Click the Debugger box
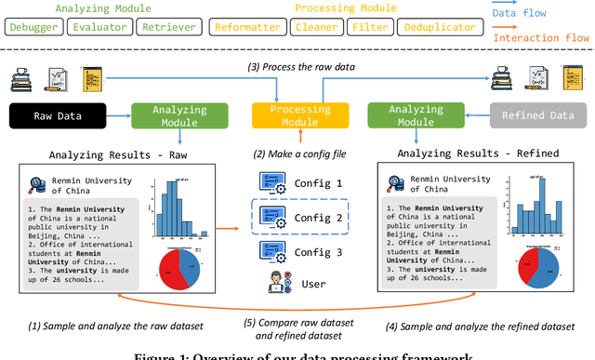[x=33, y=27]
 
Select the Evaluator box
[x=99, y=27]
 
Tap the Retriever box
[x=168, y=27]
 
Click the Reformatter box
[x=247, y=27]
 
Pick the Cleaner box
[x=316, y=27]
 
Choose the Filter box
[x=369, y=27]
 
